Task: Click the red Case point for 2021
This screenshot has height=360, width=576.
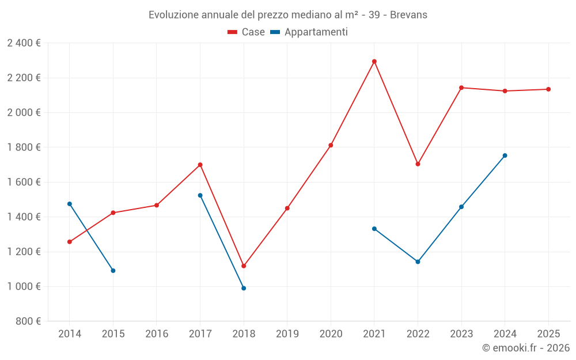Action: pos(374,62)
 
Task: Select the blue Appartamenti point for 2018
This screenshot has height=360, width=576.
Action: pos(244,288)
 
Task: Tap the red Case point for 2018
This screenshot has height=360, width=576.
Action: pos(244,266)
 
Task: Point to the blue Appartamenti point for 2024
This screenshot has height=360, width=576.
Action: pos(505,156)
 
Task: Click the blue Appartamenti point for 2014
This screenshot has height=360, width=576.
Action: pos(70,204)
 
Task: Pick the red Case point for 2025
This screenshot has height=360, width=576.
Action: pos(548,89)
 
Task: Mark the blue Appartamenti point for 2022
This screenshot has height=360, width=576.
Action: pos(418,262)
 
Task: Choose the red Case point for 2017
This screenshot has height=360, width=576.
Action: pos(200,165)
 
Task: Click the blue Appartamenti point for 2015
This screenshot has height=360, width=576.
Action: pos(113,271)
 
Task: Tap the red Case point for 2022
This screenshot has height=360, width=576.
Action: pos(418,164)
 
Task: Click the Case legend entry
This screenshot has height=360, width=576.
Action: pos(247,32)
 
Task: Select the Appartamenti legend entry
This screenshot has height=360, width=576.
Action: pos(309,32)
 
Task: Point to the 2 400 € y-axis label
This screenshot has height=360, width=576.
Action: pos(24,43)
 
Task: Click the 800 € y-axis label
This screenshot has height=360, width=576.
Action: pos(28,321)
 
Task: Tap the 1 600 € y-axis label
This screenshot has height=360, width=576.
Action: pos(24,182)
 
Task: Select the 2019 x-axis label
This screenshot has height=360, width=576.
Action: pos(287,334)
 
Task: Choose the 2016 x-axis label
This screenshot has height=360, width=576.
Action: pos(157,334)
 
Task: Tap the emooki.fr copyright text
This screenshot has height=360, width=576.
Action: pos(525,348)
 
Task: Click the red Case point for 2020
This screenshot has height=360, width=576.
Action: pos(331,145)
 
